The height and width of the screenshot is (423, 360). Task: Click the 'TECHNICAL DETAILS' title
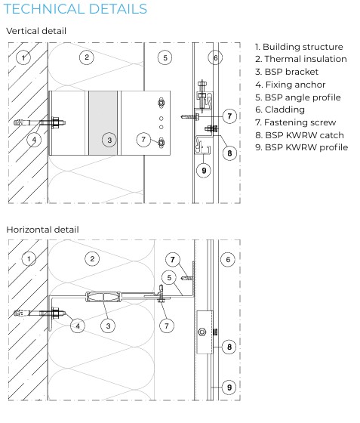[75, 9]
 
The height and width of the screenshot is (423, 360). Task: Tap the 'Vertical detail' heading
[36, 31]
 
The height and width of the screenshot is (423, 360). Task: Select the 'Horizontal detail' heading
[42, 230]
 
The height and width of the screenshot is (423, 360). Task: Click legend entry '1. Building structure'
[299, 47]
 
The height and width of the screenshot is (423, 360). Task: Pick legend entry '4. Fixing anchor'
[291, 85]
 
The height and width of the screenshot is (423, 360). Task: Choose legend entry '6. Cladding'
[280, 110]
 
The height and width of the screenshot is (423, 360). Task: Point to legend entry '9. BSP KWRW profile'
[302, 147]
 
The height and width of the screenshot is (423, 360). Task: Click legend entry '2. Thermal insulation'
[301, 59]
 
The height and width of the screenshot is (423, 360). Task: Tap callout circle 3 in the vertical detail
[109, 140]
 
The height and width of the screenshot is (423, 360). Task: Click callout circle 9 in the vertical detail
[204, 171]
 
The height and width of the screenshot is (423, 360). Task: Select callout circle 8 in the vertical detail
[229, 153]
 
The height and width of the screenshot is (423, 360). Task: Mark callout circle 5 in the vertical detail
[165, 57]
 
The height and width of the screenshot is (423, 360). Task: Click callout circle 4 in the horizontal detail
[78, 326]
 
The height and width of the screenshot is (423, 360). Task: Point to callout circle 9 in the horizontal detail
[229, 387]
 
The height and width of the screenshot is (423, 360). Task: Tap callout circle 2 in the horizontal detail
[92, 259]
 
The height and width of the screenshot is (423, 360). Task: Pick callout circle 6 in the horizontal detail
[228, 260]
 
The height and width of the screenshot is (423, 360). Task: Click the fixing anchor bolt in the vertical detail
[40, 123]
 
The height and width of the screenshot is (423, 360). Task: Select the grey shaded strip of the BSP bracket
[103, 123]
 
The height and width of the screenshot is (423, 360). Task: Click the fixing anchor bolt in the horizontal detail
[40, 313]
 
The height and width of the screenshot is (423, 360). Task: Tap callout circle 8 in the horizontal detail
[229, 347]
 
